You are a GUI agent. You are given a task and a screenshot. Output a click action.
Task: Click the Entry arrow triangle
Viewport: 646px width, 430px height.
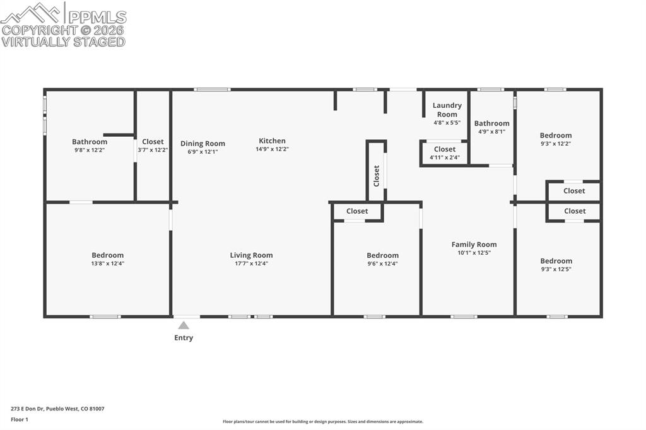click(184, 325)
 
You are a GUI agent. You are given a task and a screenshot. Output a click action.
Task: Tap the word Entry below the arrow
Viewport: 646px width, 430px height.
click(184, 338)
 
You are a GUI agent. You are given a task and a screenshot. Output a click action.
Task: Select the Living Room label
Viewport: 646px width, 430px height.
click(251, 255)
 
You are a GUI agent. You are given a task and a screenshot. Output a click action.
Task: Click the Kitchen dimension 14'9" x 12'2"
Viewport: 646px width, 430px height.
click(272, 149)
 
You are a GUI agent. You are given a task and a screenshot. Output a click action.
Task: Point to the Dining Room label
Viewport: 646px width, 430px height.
click(203, 143)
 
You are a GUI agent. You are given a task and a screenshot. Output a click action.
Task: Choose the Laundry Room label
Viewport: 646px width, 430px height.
click(447, 110)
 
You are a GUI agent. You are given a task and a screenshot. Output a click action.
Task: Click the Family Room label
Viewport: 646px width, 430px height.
click(474, 244)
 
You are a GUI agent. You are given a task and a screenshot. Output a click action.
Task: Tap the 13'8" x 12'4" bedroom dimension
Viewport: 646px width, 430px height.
click(107, 264)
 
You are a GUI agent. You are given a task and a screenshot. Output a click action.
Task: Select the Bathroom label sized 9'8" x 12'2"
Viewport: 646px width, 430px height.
click(90, 142)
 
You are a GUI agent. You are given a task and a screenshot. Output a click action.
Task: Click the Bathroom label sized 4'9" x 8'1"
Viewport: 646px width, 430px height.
click(491, 124)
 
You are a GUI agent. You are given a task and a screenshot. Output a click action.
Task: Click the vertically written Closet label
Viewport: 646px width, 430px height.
click(377, 175)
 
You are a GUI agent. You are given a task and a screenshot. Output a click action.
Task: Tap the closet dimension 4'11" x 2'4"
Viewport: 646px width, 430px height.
click(445, 158)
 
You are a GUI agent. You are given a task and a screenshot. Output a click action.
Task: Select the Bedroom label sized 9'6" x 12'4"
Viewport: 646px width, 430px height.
click(382, 255)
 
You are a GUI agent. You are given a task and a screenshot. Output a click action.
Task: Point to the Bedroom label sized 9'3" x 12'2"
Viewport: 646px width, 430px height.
click(555, 135)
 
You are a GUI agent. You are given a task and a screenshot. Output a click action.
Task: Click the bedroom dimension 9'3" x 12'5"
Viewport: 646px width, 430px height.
click(556, 269)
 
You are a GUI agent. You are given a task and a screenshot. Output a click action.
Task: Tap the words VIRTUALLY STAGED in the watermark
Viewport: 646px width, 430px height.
click(63, 42)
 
